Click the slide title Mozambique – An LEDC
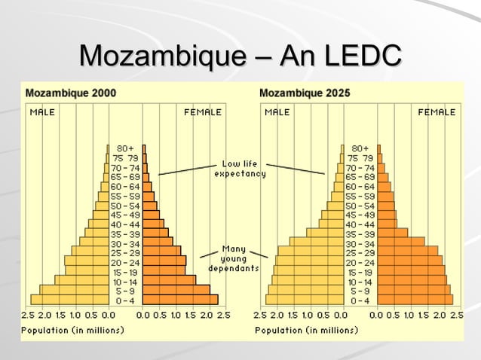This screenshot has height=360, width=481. pos(240,56)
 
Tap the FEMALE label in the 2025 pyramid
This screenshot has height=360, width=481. pos(437,112)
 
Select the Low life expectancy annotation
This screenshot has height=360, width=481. pos(240,169)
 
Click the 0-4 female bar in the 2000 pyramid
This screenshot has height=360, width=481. pos(180,299)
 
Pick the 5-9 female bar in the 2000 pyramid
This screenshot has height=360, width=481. pos(176,289)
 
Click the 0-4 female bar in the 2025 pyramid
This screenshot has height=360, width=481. pos(415,299)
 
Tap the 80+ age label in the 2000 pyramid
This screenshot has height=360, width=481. pos(125,149)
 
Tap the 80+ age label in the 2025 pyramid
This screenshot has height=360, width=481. pos(360,149)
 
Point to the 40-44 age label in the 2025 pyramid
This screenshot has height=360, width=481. pos(360,224)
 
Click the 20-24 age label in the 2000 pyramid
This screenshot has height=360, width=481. pos(125,261)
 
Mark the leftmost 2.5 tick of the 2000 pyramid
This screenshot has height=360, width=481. pos(27,314)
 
